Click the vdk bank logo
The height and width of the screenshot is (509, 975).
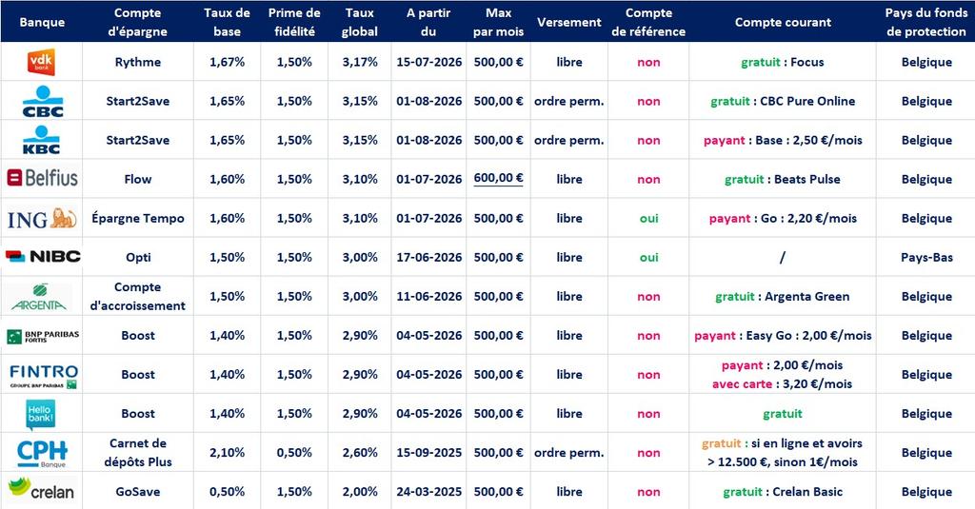tap(42, 62)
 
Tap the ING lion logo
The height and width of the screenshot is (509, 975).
tap(42, 219)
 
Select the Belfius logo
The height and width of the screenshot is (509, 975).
tap(42, 178)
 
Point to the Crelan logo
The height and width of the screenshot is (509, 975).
tap(42, 489)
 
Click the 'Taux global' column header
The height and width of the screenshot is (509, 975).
tap(359, 22)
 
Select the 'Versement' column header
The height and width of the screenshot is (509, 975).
tap(569, 22)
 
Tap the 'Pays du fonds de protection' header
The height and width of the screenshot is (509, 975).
tap(925, 22)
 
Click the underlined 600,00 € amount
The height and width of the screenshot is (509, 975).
tap(498, 178)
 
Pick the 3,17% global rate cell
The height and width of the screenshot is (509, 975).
tap(359, 62)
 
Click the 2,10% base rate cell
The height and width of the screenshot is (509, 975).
tap(227, 453)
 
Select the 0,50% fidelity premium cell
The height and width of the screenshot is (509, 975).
tap(294, 453)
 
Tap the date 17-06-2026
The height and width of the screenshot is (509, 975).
tap(429, 257)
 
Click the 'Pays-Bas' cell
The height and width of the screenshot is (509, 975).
tap(926, 257)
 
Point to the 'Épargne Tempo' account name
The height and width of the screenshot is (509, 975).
tap(138, 218)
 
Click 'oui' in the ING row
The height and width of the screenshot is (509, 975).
tap(648, 218)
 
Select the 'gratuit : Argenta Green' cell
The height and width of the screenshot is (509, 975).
tap(783, 297)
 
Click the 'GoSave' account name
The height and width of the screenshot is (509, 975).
tap(138, 492)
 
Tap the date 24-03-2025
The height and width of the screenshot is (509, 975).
tap(429, 492)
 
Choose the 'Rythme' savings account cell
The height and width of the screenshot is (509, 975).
tap(138, 62)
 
